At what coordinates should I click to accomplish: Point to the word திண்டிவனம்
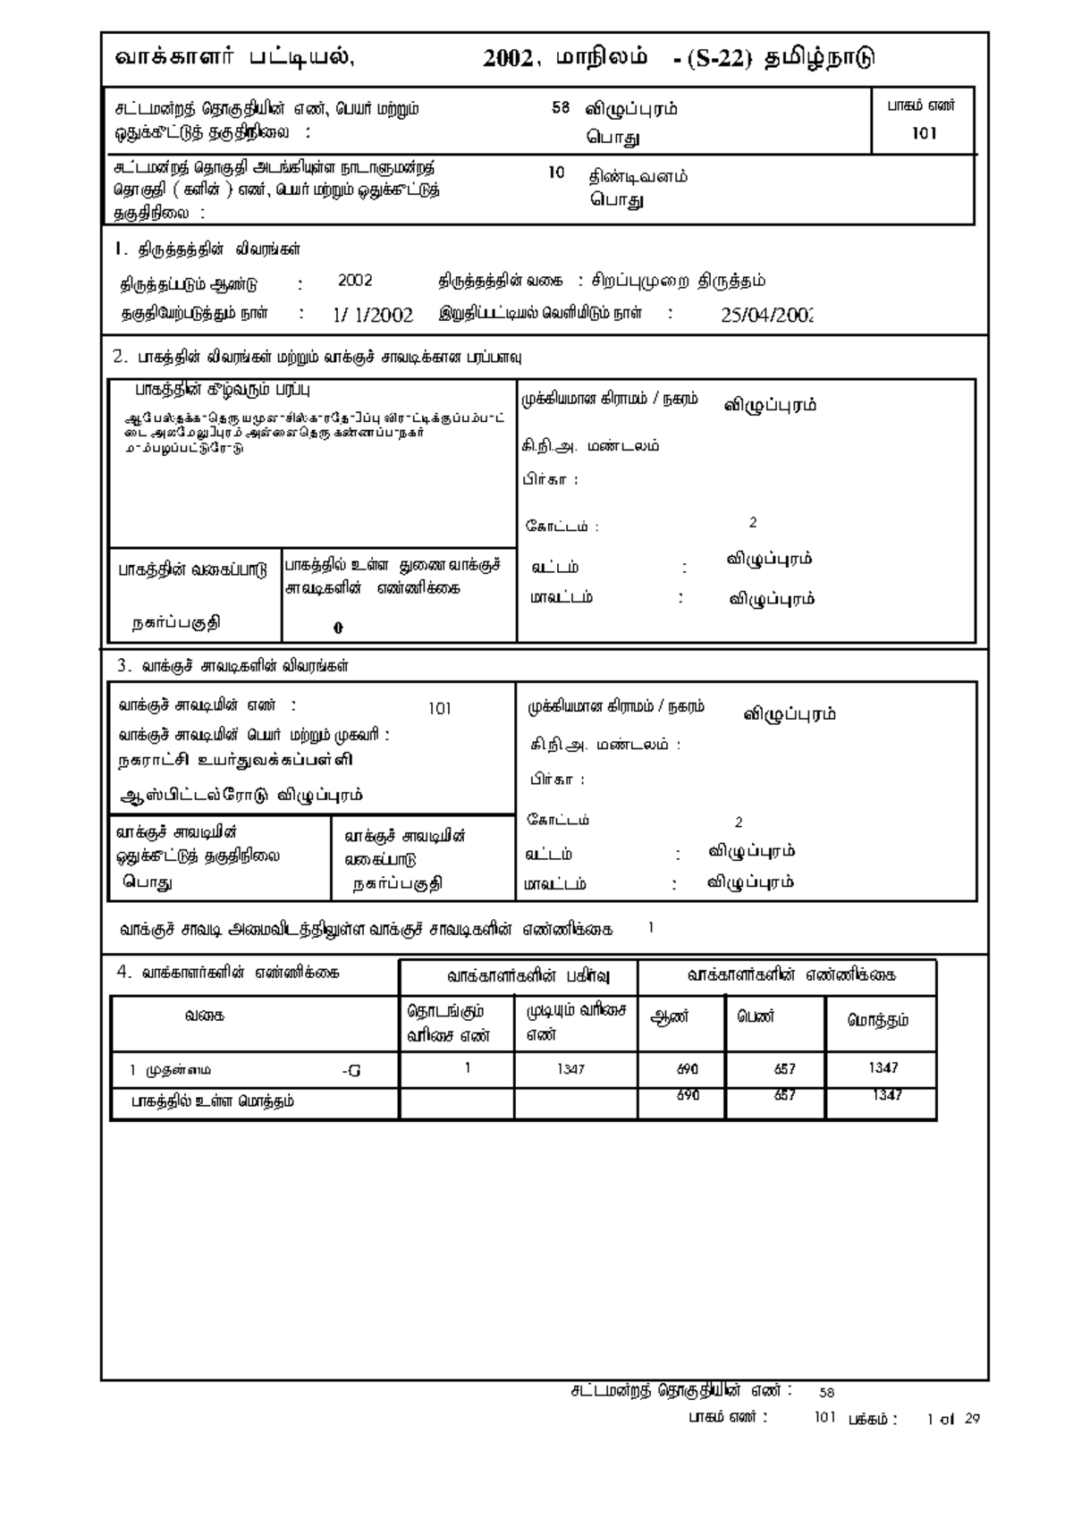point(638,176)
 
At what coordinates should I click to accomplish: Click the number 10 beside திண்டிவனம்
point(556,173)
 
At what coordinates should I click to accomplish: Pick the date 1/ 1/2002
point(373,315)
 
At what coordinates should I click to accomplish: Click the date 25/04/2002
point(766,315)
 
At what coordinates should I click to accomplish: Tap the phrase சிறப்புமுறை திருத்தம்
point(679,281)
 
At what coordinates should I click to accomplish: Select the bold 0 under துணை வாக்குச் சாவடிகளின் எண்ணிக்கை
point(338,628)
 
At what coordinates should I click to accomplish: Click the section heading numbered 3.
point(232,666)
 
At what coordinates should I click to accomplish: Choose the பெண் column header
point(756,1017)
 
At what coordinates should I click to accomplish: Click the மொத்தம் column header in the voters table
point(878,1020)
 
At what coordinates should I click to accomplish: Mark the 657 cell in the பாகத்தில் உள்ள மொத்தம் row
point(784,1096)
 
